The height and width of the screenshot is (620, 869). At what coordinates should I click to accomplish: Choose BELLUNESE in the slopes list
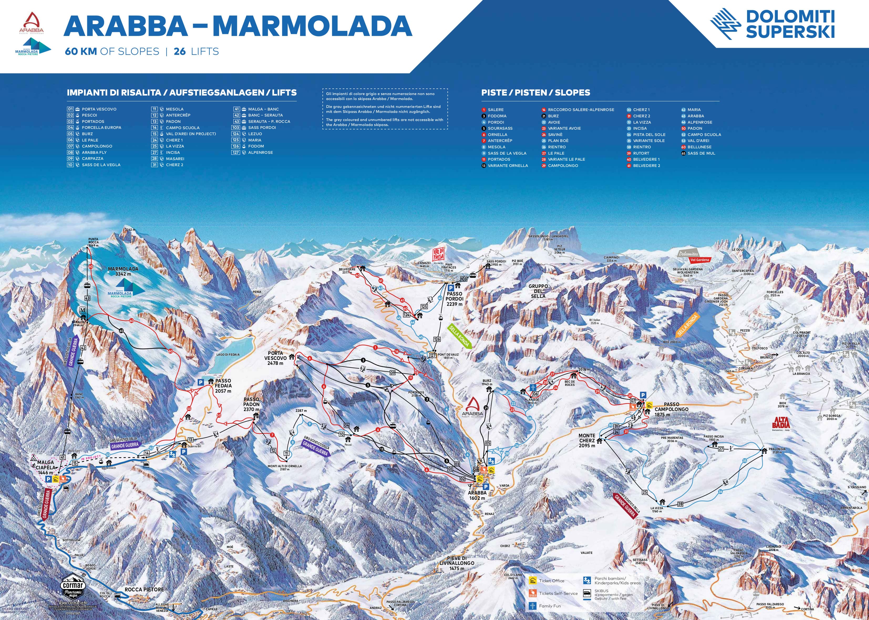[699, 147]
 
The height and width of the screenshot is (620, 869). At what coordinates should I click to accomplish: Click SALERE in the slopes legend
[496, 109]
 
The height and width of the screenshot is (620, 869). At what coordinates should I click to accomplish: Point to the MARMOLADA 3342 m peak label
[123, 271]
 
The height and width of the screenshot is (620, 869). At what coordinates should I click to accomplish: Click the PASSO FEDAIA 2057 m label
[223, 386]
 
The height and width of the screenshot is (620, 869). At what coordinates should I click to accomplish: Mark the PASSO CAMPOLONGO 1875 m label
[671, 409]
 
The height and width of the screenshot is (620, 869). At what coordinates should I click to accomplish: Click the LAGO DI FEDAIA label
[228, 354]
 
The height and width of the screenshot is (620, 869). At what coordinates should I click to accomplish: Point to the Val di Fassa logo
[438, 255]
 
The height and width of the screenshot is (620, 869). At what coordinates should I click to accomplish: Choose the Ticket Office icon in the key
[533, 581]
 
